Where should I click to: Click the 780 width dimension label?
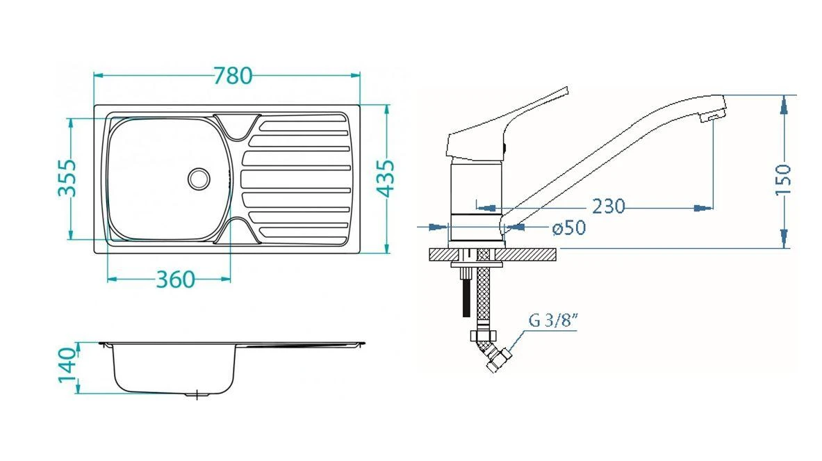[x=233, y=75]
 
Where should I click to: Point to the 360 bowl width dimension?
[x=174, y=280]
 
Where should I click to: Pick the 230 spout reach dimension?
[x=609, y=207]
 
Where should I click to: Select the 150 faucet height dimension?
[x=783, y=179]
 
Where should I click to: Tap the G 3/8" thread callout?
[x=554, y=321]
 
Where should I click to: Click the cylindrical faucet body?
[x=476, y=202]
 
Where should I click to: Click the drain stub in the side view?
[x=198, y=395]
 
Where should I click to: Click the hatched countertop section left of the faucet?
[x=439, y=255]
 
